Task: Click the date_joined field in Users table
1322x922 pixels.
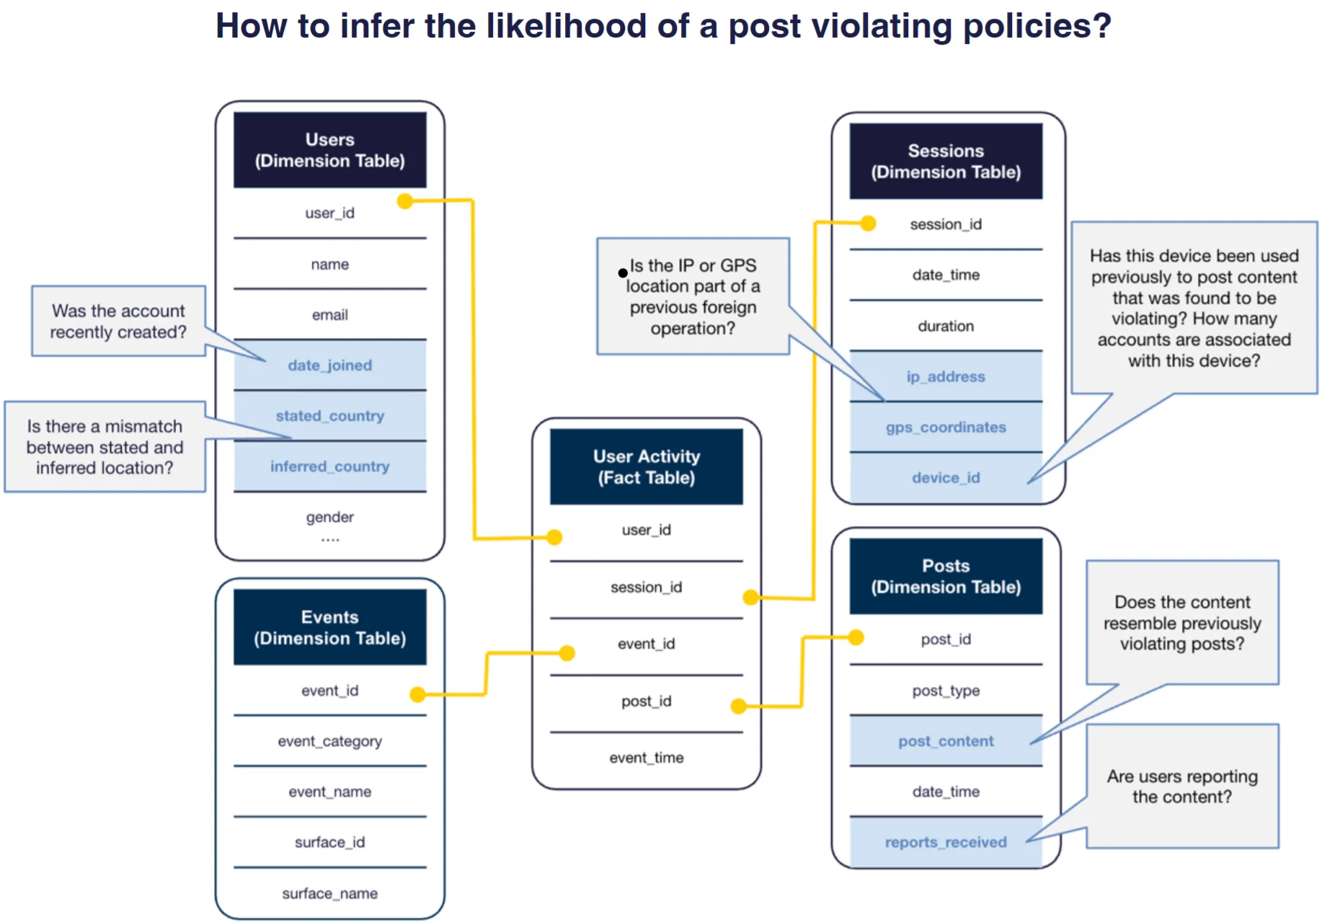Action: pyautogui.click(x=329, y=365)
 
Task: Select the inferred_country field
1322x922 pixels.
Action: pyautogui.click(x=329, y=466)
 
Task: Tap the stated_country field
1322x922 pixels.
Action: pyautogui.click(x=329, y=416)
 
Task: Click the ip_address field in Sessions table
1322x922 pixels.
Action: pyautogui.click(x=945, y=376)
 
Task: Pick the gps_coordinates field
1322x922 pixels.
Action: pyautogui.click(x=945, y=427)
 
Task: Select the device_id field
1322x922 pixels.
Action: pyautogui.click(x=945, y=477)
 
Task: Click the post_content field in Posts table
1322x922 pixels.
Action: pyautogui.click(x=945, y=741)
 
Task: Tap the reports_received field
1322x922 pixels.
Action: pyautogui.click(x=945, y=842)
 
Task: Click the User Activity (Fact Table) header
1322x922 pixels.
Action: pyautogui.click(x=646, y=466)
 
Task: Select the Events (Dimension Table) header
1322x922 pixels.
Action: pyautogui.click(x=329, y=627)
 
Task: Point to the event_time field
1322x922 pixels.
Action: pyautogui.click(x=646, y=758)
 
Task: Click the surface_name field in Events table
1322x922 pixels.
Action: pyautogui.click(x=329, y=893)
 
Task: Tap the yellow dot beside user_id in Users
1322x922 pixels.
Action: pyautogui.click(x=405, y=201)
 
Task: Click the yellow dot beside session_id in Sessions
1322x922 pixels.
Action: pyautogui.click(x=868, y=223)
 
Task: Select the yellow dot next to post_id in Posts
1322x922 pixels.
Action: pyautogui.click(x=856, y=637)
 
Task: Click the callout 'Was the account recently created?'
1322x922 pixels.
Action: pyautogui.click(x=118, y=322)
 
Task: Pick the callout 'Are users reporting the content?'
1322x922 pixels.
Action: pyautogui.click(x=1182, y=786)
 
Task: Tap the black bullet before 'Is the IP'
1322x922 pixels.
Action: pyautogui.click(x=623, y=273)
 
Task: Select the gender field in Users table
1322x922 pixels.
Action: pyautogui.click(x=329, y=517)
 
